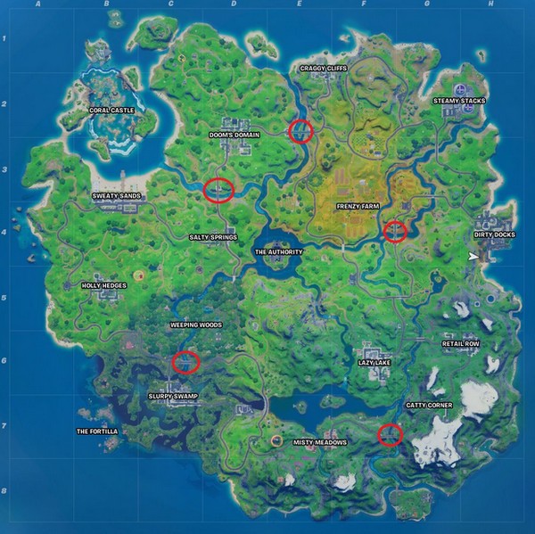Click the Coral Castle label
point(113,111)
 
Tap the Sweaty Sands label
point(117,195)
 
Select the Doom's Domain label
point(234,136)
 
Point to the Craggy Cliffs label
point(323,68)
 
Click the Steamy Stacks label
point(459,102)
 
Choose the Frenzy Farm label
point(358,206)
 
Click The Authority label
point(279,252)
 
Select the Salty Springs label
point(212,238)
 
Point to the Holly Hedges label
point(104,286)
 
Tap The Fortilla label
point(97,431)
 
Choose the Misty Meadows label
point(320,442)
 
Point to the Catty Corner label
point(430,406)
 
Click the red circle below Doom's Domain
point(218,190)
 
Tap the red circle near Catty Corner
point(390,434)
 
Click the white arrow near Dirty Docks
point(472,257)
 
